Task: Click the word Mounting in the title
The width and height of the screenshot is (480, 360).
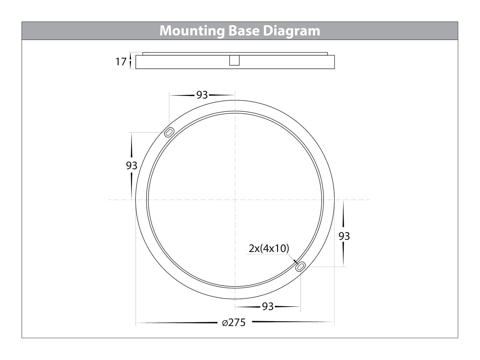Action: point(192,31)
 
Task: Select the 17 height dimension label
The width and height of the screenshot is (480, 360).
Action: point(121,61)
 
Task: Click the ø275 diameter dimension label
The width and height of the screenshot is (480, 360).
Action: point(234,322)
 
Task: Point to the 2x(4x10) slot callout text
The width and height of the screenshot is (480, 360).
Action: point(269,248)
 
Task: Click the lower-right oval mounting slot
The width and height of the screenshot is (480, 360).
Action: point(301,266)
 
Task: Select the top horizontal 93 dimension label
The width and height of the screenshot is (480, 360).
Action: point(202,95)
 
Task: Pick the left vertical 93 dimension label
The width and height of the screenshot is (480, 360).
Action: point(132,165)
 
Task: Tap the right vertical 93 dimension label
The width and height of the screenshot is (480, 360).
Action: point(344,236)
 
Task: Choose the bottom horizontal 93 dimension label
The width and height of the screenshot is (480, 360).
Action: point(268,307)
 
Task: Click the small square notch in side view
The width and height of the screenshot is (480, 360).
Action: point(235,60)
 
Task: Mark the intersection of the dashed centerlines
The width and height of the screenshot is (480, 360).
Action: point(235,200)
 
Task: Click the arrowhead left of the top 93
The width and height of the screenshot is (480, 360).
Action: point(183,95)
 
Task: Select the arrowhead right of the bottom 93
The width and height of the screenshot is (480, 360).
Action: point(287,307)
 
